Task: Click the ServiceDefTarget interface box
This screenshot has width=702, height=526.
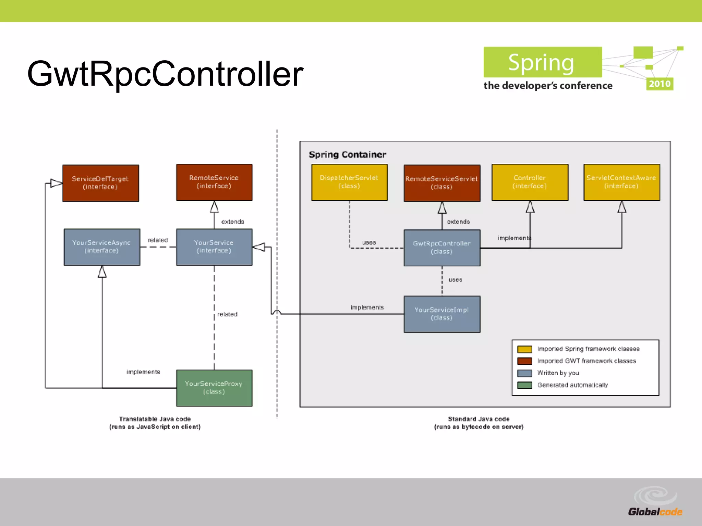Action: click(100, 183)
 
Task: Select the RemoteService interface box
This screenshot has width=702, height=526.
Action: click(214, 182)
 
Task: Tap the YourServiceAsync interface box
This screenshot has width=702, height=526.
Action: click(102, 247)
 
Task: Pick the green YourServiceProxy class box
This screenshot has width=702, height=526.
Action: click(214, 388)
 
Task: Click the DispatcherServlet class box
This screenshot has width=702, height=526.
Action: click(349, 182)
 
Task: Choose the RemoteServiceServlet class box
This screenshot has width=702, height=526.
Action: click(441, 183)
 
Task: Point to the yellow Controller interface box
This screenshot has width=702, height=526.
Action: click(530, 182)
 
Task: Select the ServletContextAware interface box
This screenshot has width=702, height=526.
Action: click(621, 182)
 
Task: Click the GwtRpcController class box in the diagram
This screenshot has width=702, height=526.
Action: click(441, 248)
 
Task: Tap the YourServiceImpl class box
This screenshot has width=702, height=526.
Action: click(441, 314)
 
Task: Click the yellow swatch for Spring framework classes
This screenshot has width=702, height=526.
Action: click(524, 349)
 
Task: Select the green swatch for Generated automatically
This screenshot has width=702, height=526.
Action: click(524, 385)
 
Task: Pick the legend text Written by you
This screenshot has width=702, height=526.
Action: click(558, 373)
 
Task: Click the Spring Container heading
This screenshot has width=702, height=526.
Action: click(347, 155)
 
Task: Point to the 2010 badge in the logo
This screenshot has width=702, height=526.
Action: click(659, 84)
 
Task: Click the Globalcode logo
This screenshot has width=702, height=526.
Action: click(655, 503)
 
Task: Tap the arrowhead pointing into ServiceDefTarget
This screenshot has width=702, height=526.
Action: click(56, 183)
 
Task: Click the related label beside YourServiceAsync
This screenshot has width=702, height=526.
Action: click(158, 240)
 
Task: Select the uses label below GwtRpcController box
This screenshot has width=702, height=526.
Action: click(455, 280)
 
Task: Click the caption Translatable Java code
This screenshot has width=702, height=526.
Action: click(155, 419)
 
